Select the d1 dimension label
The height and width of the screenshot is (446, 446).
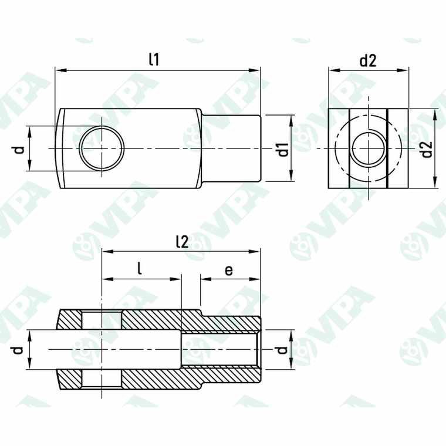[283, 149]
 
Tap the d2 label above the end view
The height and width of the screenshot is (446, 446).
[367, 60]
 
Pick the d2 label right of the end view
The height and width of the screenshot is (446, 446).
[427, 149]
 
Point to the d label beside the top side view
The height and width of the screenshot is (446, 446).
[19, 149]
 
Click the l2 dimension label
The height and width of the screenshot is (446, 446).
[181, 241]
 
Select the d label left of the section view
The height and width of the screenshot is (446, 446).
[19, 350]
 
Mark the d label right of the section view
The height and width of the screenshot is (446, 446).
[282, 350]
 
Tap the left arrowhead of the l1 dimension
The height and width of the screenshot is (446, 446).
[59, 70]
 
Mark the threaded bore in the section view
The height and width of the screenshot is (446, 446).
[220, 350]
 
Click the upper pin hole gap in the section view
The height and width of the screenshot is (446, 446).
[102, 321]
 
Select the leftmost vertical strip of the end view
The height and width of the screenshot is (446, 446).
[339, 149]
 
